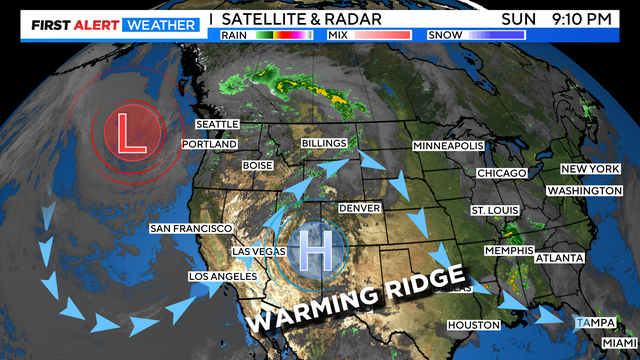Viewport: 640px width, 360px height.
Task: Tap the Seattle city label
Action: pos(217,124)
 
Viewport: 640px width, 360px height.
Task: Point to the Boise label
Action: pos(257,165)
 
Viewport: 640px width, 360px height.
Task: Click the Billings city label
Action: pos(325,144)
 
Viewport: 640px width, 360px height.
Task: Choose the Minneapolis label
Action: pos(450,146)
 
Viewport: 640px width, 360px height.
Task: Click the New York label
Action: pos(590,169)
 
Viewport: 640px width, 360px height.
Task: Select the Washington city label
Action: pos(585,190)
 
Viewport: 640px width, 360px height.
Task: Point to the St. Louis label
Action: pos(494,211)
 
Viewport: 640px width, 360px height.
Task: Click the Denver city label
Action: pos(360,208)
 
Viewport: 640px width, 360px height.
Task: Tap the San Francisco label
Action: pos(191,228)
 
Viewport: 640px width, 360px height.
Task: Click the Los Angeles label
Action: pos(224,276)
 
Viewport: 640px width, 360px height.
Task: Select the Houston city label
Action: pos(472,325)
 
